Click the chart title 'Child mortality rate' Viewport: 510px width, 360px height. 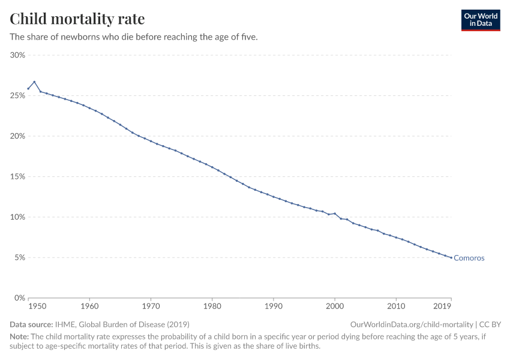tap(77, 19)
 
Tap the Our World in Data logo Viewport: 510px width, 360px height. tap(480, 20)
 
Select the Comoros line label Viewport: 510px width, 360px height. tap(469, 258)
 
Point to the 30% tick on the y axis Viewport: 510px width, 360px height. tap(17, 55)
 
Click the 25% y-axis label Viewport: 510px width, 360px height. tap(17, 95)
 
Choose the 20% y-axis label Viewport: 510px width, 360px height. tap(17, 136)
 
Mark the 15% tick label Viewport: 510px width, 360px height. tap(17, 176)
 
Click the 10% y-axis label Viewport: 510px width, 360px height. tap(17, 217)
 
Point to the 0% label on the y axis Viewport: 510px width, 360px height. tap(19, 298)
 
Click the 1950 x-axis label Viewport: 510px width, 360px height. tap(37, 307)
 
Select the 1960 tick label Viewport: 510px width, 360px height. tap(89, 307)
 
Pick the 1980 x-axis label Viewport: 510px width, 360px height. tap(212, 307)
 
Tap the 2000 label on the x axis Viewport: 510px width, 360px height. tap(334, 307)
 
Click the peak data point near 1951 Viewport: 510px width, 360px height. tap(34, 82)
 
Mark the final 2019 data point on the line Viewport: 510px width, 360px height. tap(451, 258)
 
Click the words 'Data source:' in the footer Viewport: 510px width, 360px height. tap(31, 324)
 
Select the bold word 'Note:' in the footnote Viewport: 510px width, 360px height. tap(19, 337)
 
